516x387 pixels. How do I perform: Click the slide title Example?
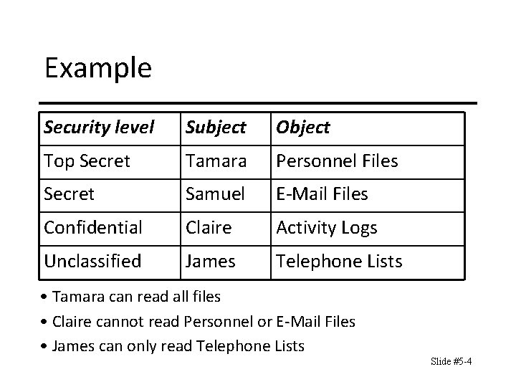pyautogui.click(x=98, y=68)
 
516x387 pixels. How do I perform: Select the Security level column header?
pyautogui.click(x=98, y=128)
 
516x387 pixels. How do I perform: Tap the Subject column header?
pyautogui.click(x=216, y=128)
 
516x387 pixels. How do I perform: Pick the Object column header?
pyautogui.click(x=302, y=128)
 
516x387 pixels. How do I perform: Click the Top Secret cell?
pyautogui.click(x=87, y=161)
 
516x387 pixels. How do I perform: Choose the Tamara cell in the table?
pyautogui.click(x=214, y=161)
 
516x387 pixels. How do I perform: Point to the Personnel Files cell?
pyautogui.click(x=337, y=161)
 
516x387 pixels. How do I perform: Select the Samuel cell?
pyautogui.click(x=214, y=194)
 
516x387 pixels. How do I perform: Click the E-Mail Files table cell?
pyautogui.click(x=322, y=194)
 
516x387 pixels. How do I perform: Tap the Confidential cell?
pyautogui.click(x=92, y=228)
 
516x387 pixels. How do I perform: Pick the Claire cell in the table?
pyautogui.click(x=209, y=228)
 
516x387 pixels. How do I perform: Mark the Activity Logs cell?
pyautogui.click(x=326, y=228)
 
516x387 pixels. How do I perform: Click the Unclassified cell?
pyautogui.click(x=92, y=262)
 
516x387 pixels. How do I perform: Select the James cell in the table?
pyautogui.click(x=210, y=262)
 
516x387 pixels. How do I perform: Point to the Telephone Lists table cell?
pyautogui.click(x=339, y=262)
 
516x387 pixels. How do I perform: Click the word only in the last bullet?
pyautogui.click(x=141, y=347)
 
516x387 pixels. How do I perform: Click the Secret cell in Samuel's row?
pyautogui.click(x=69, y=194)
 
